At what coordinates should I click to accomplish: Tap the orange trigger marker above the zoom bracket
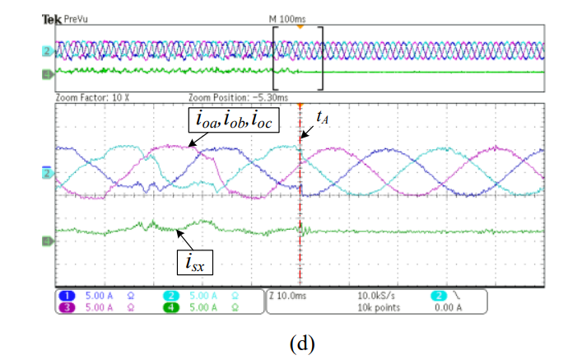click(300, 26)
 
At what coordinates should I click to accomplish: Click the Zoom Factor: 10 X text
click(88, 96)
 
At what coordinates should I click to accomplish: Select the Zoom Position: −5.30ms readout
click(231, 96)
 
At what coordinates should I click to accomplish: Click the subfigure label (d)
click(300, 341)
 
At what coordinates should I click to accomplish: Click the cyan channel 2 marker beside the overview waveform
click(47, 51)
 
